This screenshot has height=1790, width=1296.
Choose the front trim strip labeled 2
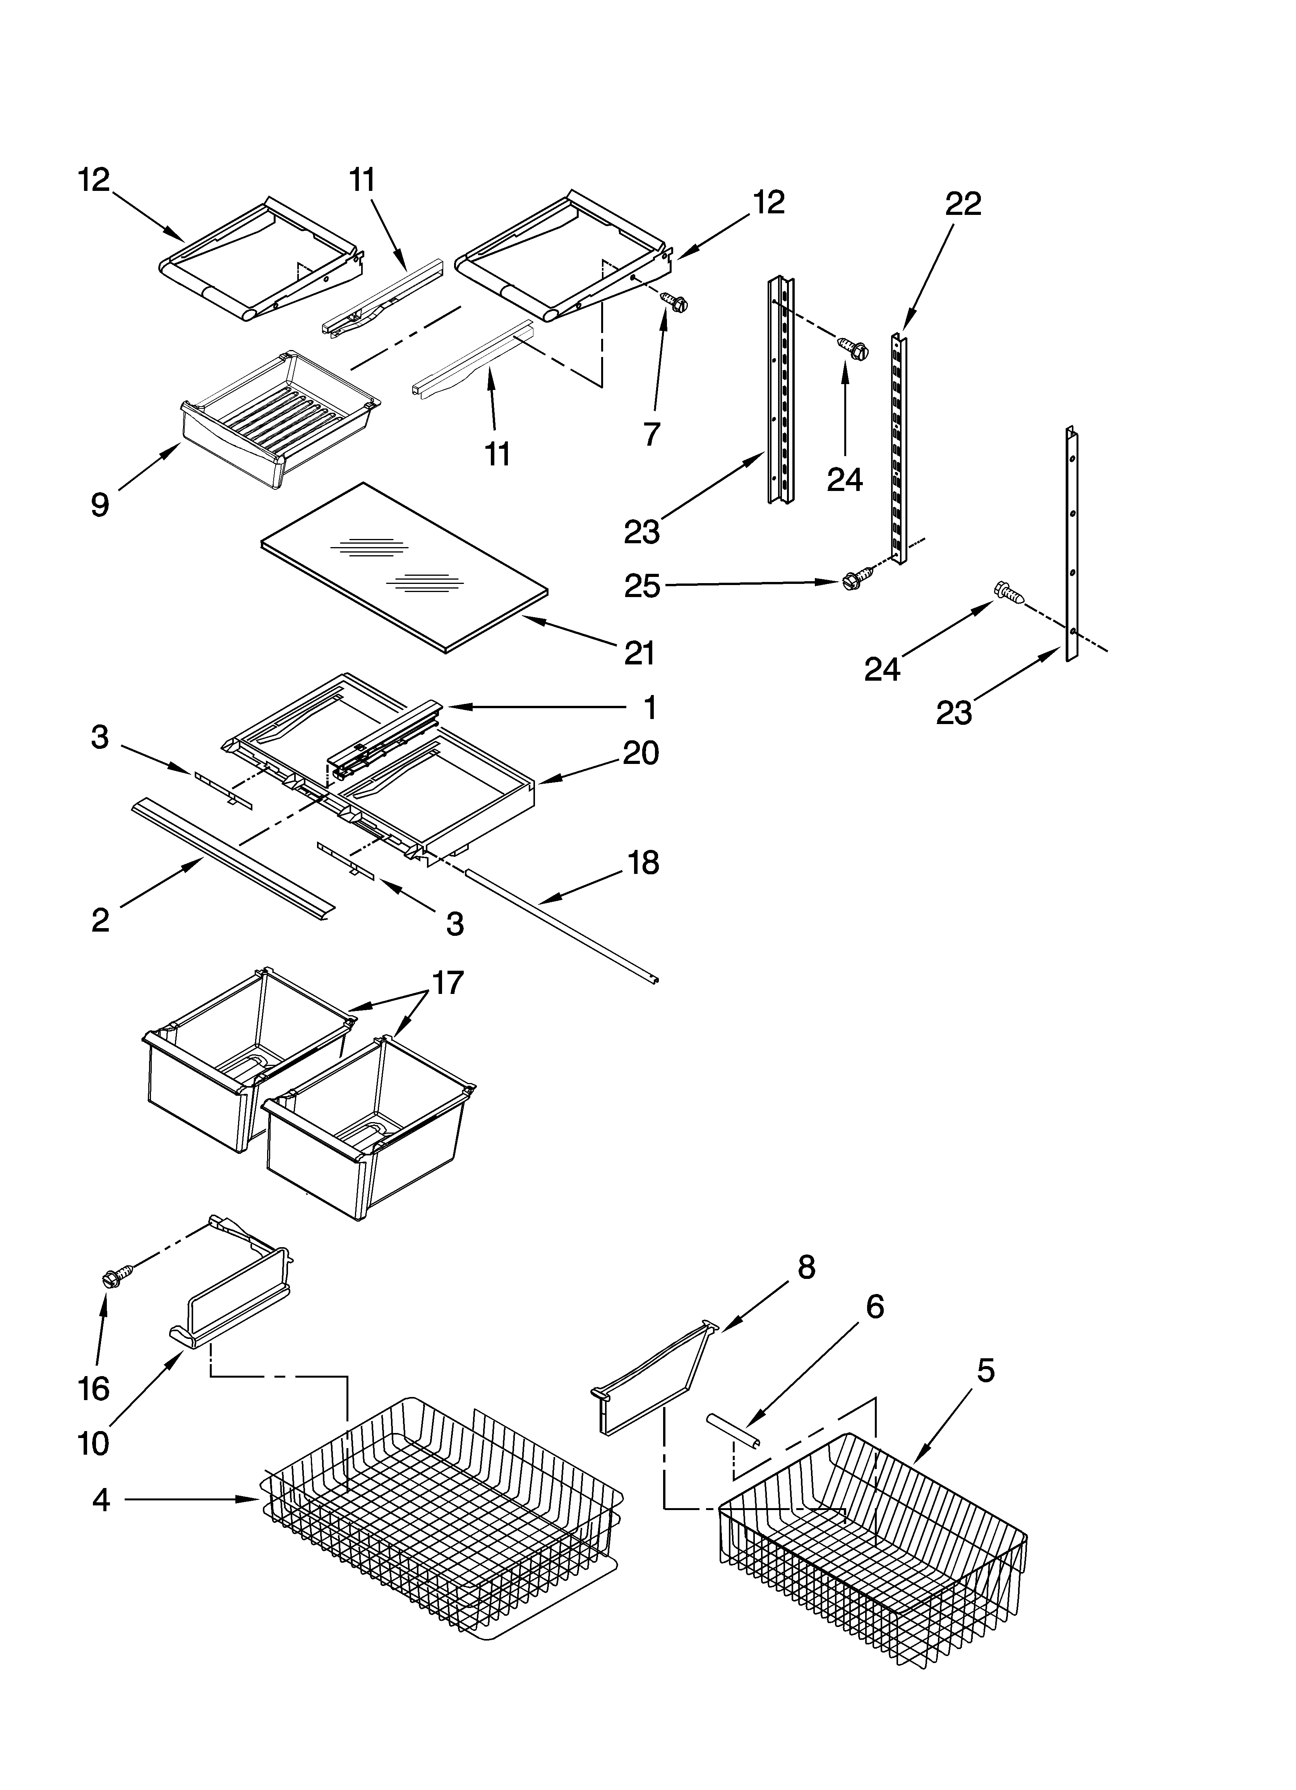point(233,858)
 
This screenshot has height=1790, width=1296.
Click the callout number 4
point(100,1500)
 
